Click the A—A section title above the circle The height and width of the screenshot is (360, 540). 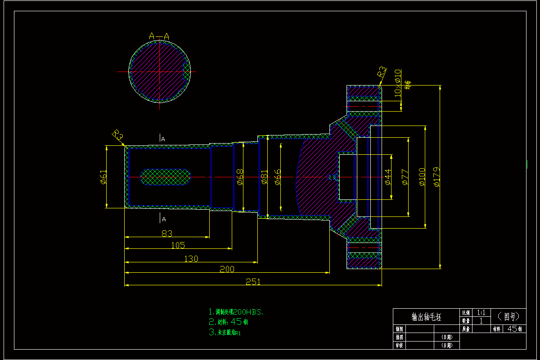pyautogui.click(x=159, y=36)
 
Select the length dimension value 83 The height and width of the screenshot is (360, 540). pyautogui.click(x=167, y=233)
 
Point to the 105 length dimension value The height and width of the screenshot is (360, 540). pyautogui.click(x=178, y=245)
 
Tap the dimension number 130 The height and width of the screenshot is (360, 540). pyautogui.click(x=191, y=259)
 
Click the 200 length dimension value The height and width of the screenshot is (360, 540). pyautogui.click(x=227, y=269)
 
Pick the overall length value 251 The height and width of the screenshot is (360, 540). pyautogui.click(x=252, y=282)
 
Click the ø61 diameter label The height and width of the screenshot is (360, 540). pyautogui.click(x=103, y=177)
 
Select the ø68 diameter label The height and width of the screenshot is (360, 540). pyautogui.click(x=240, y=177)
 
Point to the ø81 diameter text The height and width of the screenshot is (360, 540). pyautogui.click(x=264, y=177)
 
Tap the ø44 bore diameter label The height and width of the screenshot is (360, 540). pyautogui.click(x=388, y=177)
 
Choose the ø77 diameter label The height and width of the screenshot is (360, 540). pyautogui.click(x=405, y=177)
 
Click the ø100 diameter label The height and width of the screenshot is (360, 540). pyautogui.click(x=422, y=177)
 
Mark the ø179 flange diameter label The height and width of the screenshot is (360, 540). pyautogui.click(x=436, y=177)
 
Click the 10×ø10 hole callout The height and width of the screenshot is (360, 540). pyautogui.click(x=397, y=83)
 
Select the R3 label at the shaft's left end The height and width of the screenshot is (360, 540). pyautogui.click(x=118, y=135)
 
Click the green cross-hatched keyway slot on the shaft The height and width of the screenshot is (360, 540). pyautogui.click(x=166, y=177)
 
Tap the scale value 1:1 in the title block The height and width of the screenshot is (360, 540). pyautogui.click(x=481, y=312)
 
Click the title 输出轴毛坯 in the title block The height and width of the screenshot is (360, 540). pyautogui.click(x=426, y=316)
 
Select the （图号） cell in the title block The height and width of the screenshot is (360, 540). pyautogui.click(x=508, y=316)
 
